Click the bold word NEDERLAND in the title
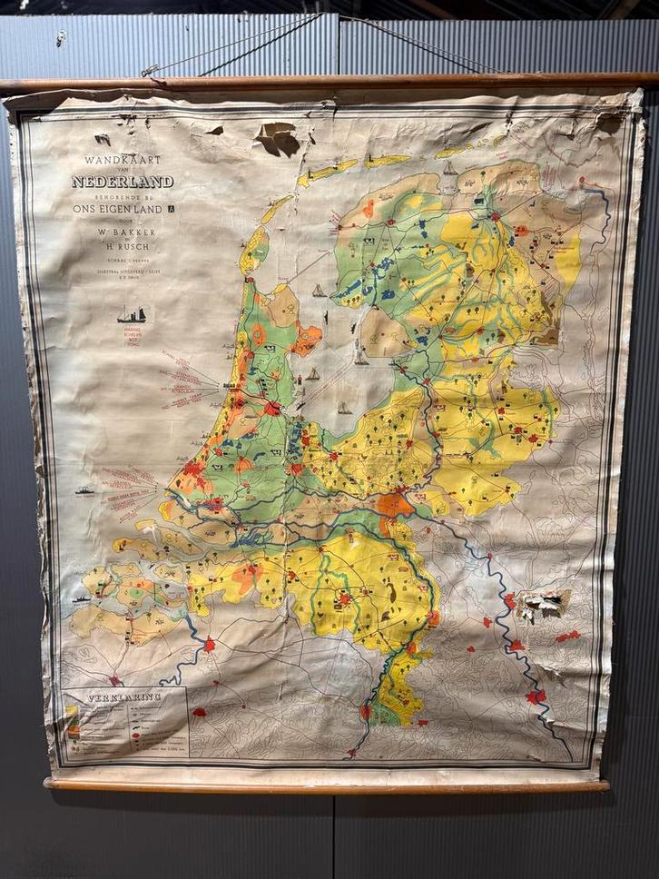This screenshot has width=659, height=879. coord(123,182)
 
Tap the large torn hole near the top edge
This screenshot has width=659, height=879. coord(277,138)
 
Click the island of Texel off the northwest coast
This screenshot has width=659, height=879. coord(254,248)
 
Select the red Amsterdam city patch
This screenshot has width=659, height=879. coord(271,408)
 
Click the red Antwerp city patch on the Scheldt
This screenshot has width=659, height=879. coord(210,644)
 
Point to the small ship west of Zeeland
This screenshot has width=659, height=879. coord(81,600)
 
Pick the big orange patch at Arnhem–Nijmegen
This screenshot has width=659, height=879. coord(394,504)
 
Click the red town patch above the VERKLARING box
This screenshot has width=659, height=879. coord(114,680)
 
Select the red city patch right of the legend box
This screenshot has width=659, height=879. coord(199,713)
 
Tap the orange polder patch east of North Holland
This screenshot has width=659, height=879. coord(307,339)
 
